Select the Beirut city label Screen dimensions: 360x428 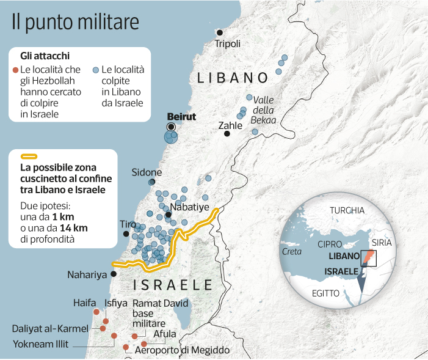(181, 116)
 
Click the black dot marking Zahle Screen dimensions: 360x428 (227, 134)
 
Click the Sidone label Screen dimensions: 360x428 (147, 172)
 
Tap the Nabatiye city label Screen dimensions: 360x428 (190, 207)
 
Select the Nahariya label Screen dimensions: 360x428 (88, 274)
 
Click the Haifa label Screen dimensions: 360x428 (85, 303)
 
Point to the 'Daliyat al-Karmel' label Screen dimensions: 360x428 (50, 328)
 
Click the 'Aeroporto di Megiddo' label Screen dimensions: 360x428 (182, 350)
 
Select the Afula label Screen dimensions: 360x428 (165, 334)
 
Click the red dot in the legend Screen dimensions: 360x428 (16, 70)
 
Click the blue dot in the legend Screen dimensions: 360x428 (96, 70)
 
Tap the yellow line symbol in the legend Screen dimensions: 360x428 (27, 156)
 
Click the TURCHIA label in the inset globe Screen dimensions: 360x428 (347, 211)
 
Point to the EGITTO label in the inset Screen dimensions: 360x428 (325, 293)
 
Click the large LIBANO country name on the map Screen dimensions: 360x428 (233, 78)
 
